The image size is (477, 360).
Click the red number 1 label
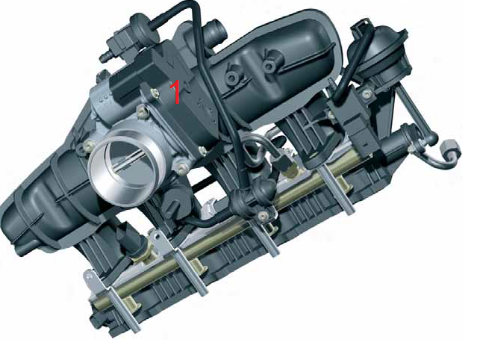pos(175,92)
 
